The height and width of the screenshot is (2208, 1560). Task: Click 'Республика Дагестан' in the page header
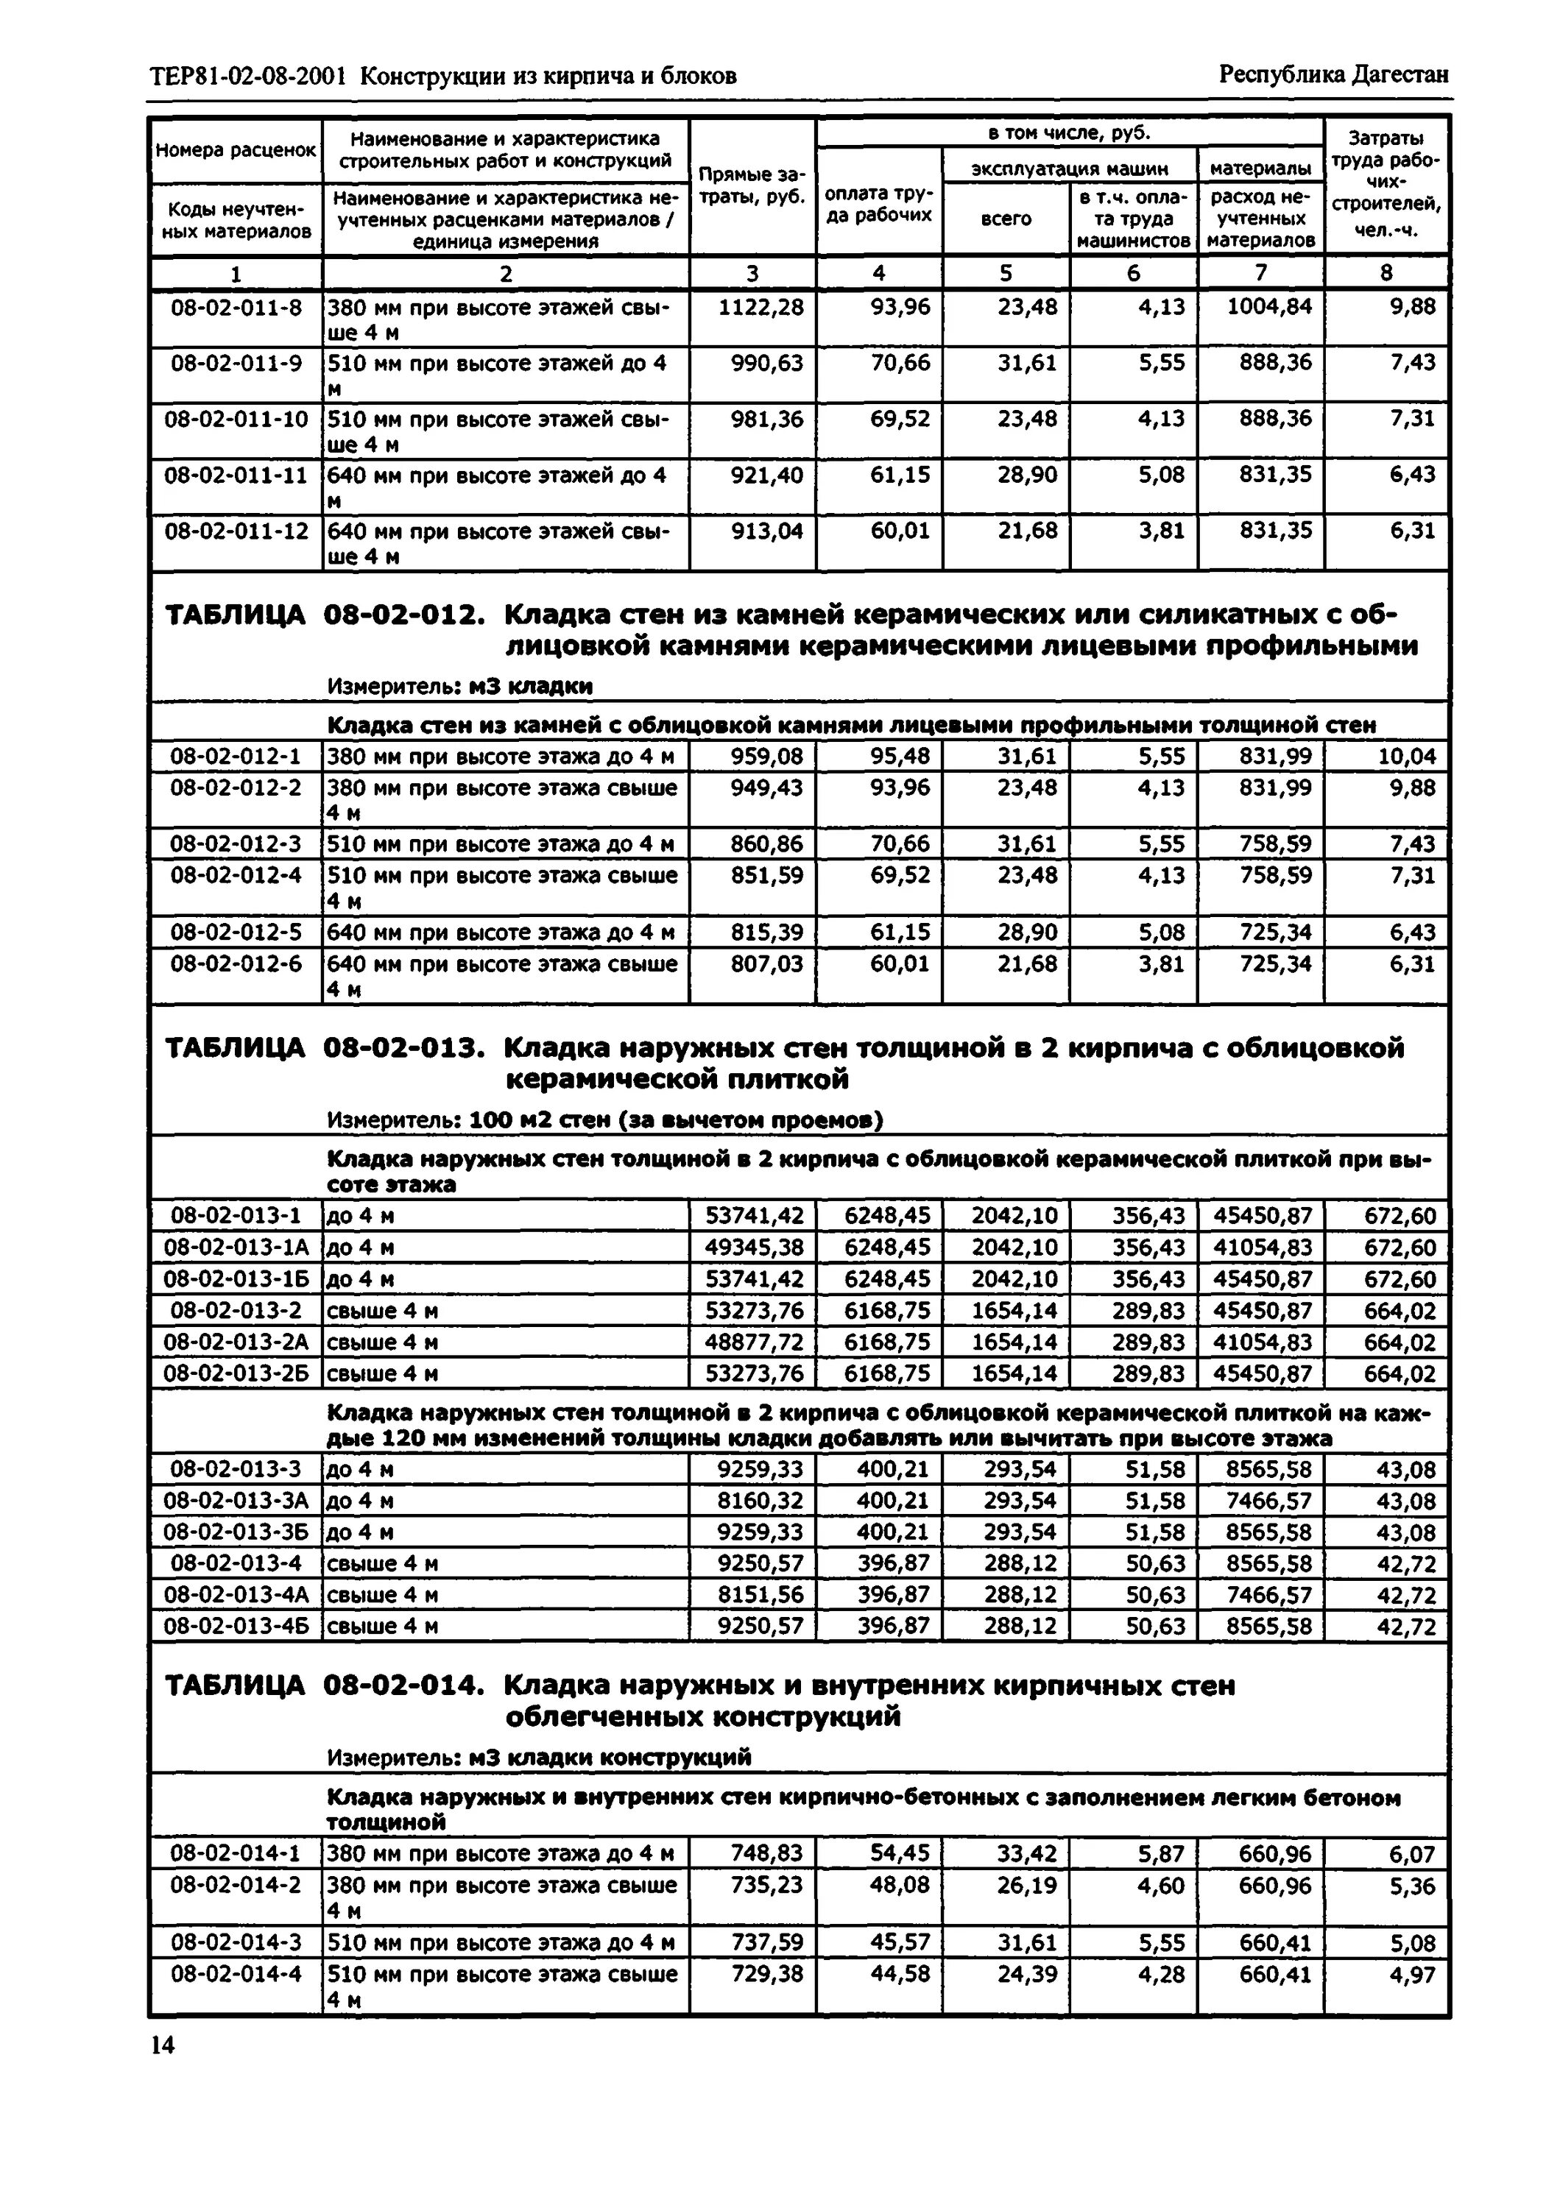click(1333, 75)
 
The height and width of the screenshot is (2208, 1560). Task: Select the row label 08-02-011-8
click(236, 308)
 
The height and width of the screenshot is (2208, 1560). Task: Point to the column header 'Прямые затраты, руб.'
click(752, 188)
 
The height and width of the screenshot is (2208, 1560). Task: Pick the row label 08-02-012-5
click(236, 933)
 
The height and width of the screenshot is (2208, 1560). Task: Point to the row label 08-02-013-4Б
click(236, 1626)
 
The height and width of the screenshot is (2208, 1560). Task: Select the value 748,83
click(766, 1853)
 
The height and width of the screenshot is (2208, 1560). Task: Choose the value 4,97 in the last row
click(1412, 1974)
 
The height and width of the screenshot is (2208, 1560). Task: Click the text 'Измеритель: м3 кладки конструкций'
click(539, 1757)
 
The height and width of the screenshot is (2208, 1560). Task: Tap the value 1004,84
click(1268, 308)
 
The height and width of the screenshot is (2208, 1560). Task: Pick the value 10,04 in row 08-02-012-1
click(1406, 757)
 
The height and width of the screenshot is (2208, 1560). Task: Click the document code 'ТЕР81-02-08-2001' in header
click(248, 76)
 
